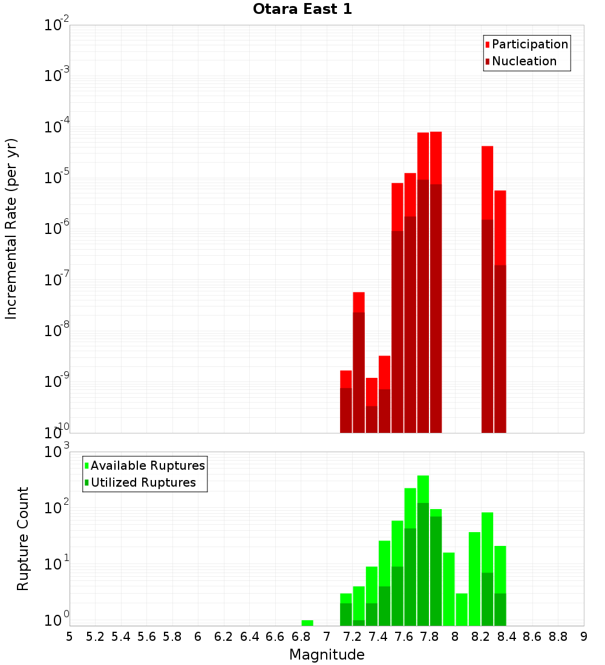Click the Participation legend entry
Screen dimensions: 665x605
530,44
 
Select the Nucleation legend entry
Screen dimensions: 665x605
524,61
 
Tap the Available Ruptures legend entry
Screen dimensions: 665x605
148,465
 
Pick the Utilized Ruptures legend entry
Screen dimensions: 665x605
143,482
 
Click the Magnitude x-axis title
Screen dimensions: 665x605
327,654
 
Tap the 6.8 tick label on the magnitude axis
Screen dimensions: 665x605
301,636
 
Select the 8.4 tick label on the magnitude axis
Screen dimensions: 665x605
506,636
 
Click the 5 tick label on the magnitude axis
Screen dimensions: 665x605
70,636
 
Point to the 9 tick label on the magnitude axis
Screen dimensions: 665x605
583,636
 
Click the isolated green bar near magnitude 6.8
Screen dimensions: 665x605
307,623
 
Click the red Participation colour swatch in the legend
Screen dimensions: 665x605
488,45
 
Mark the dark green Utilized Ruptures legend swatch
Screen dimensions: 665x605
87,482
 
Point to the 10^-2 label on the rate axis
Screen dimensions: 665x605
57,26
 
